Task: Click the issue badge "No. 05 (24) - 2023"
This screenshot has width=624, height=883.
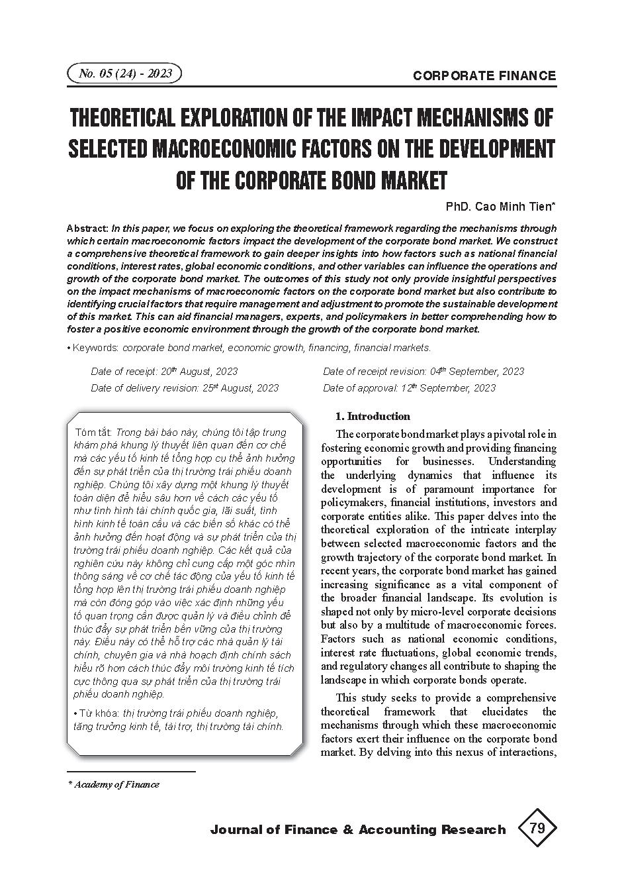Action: (x=124, y=74)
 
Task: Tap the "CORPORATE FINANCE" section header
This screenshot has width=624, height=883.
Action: (x=484, y=76)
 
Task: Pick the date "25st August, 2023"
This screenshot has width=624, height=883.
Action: (x=240, y=388)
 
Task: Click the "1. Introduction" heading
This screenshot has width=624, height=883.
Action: (x=373, y=417)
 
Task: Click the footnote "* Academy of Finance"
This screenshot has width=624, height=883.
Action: (x=114, y=784)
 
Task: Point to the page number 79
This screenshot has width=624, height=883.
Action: (x=537, y=828)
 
